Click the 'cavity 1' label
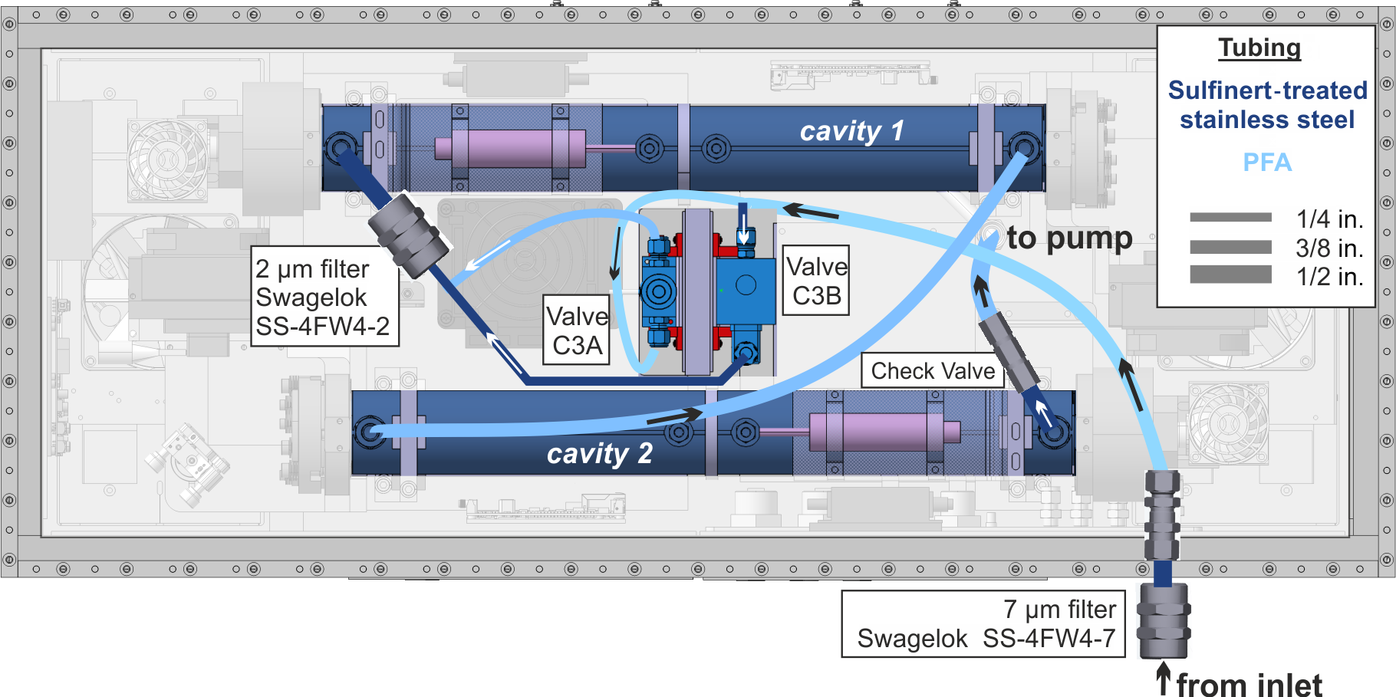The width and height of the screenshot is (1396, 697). coord(851,131)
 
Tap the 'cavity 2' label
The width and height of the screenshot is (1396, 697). coord(599,453)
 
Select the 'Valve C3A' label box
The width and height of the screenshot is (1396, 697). coord(577,330)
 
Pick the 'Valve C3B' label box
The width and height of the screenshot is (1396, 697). coord(816,280)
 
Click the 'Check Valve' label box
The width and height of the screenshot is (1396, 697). coord(933,370)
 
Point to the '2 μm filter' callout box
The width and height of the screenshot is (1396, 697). coord(324,297)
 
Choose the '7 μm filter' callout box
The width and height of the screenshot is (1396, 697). coord(983,624)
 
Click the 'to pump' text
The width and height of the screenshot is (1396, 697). coord(1069,238)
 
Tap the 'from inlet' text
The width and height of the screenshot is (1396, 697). coord(1249,684)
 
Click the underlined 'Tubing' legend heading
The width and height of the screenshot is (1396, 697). coord(1259,48)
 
